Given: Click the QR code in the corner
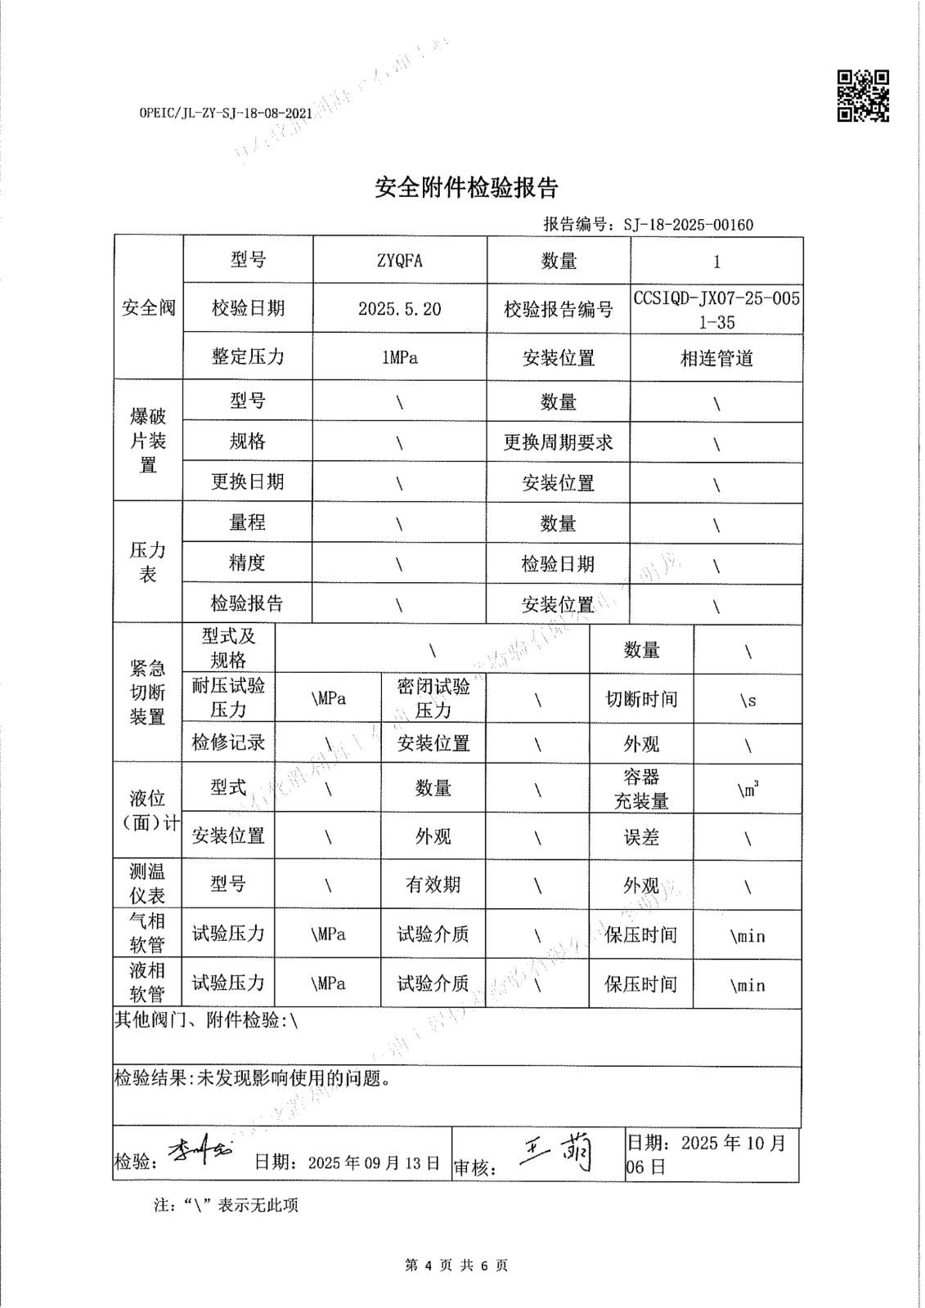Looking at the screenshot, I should click(862, 96).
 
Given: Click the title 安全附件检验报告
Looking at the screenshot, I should click(466, 188).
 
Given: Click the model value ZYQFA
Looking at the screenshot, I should click(400, 261).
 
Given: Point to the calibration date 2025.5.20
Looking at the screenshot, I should click(400, 308).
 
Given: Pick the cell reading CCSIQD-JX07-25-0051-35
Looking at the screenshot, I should click(716, 310).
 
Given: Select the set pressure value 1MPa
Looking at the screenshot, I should click(400, 357).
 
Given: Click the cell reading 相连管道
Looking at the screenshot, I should click(716, 358).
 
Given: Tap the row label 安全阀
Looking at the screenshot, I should click(148, 308).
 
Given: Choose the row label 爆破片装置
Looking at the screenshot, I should click(148, 441).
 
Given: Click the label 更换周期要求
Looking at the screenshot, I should click(558, 442).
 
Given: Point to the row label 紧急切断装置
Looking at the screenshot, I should click(147, 692).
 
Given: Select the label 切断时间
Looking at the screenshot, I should click(641, 699).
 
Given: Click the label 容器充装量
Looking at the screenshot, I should click(641, 789).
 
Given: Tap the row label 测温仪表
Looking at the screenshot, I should click(147, 884).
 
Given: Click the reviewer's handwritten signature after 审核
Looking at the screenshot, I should click(557, 1154).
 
